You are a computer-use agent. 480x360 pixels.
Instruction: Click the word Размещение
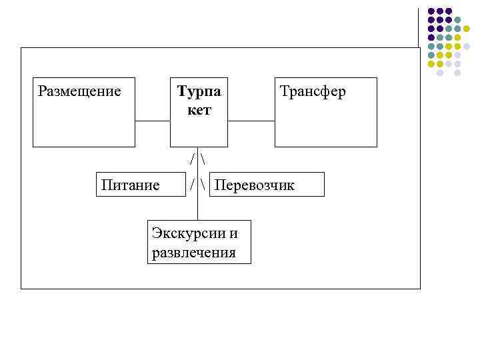click(x=79, y=91)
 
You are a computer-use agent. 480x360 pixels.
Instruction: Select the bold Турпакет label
click(x=199, y=100)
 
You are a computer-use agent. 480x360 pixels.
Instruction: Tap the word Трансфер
click(x=313, y=91)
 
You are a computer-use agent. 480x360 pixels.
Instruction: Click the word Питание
click(x=130, y=185)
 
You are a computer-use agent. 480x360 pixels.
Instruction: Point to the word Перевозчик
click(x=254, y=185)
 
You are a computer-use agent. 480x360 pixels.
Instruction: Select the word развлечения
click(x=194, y=253)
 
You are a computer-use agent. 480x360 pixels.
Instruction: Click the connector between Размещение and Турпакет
click(x=153, y=121)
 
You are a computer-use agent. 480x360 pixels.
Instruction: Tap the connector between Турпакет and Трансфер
click(x=251, y=121)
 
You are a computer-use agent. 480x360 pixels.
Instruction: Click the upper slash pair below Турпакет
click(x=198, y=161)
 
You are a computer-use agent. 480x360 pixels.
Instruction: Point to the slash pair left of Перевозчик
click(x=198, y=185)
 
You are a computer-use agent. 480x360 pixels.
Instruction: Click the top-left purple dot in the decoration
click(x=431, y=11)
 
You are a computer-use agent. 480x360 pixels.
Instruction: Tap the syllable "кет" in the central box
click(x=199, y=110)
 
